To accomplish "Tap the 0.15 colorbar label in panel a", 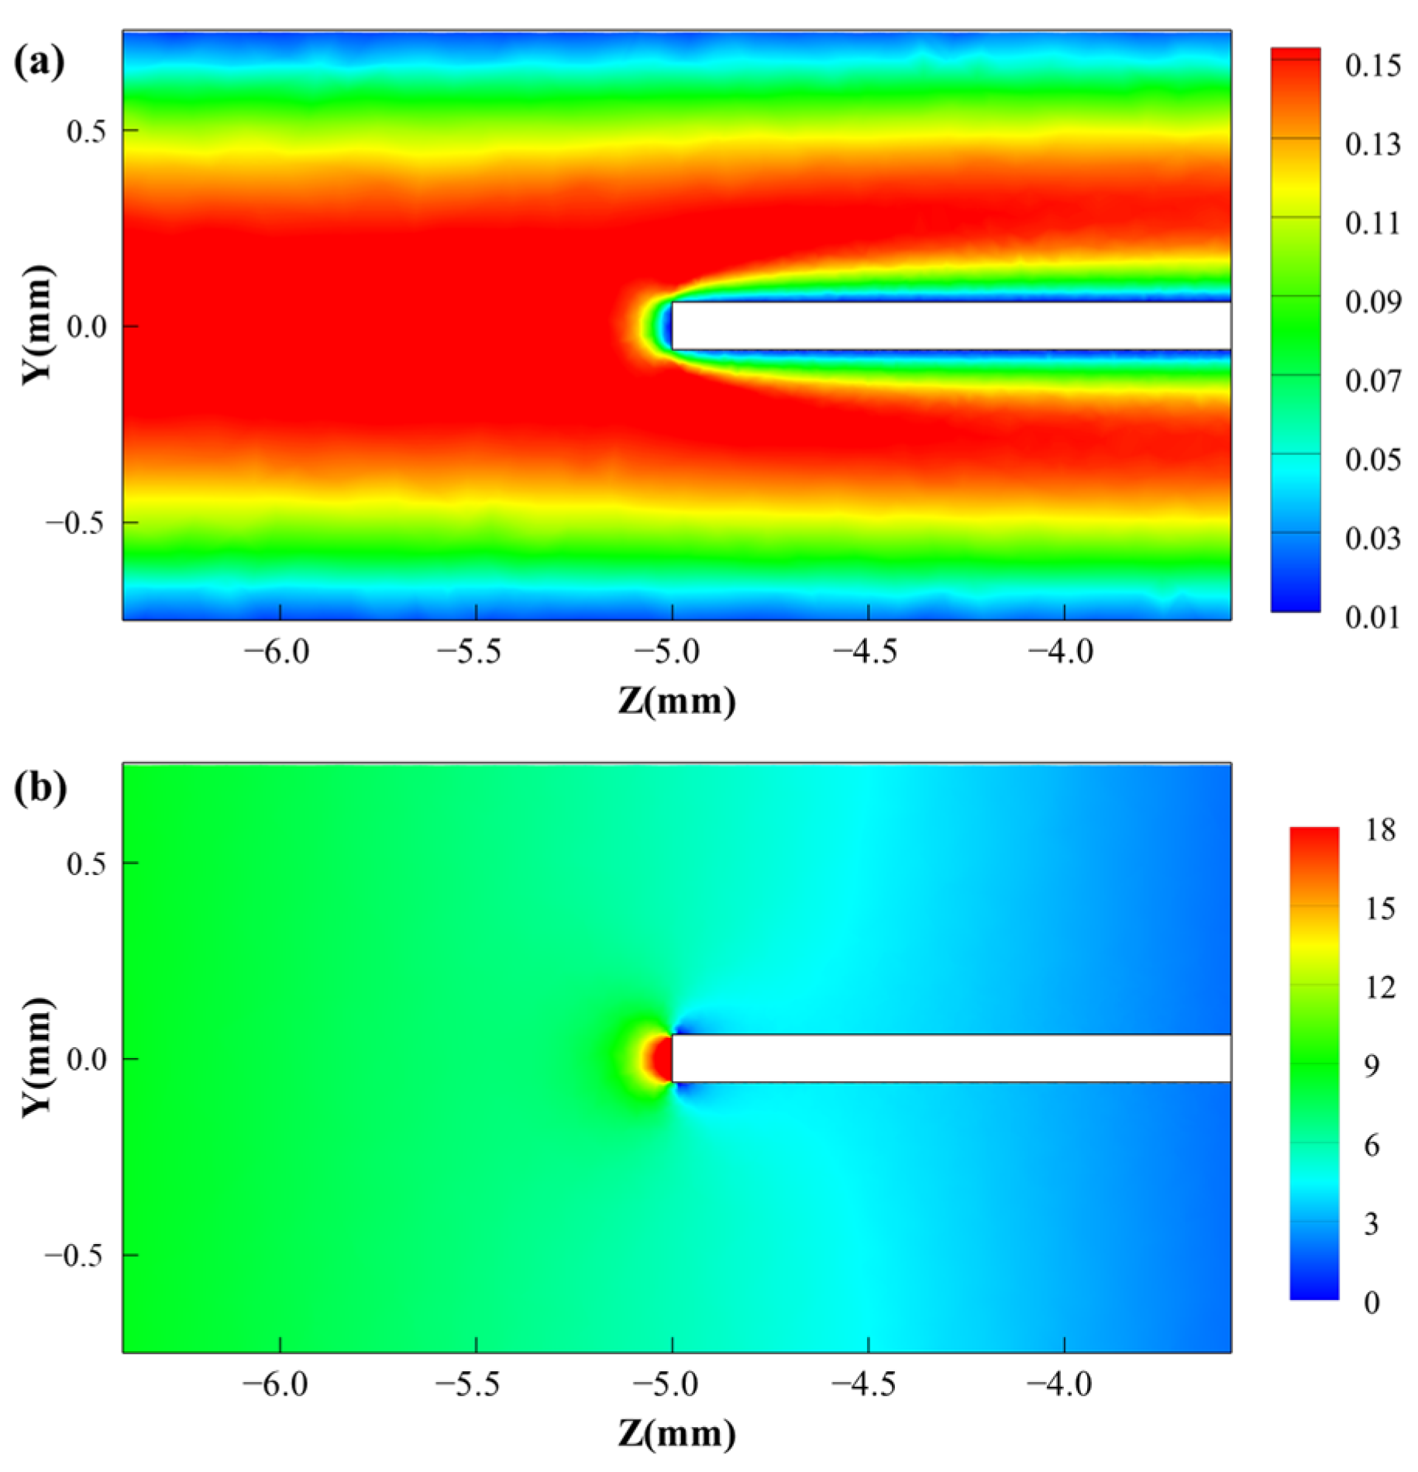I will coord(1372,66).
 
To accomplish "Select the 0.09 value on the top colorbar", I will coord(1372,302).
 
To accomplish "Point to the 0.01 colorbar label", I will coord(1372,618).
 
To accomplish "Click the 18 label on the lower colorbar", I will coord(1380,830).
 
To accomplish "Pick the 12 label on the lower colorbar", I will coord(1380,988).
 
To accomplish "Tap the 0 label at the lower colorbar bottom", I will coord(1372,1303).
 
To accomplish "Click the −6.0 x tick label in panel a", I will coord(277,652).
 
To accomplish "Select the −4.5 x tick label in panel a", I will coord(865,652).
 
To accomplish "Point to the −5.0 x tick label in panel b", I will coord(667,1384).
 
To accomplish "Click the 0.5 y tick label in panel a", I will coord(86,131).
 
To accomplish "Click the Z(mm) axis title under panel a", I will coord(676,702).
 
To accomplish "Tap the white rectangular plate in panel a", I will coord(949,326).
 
